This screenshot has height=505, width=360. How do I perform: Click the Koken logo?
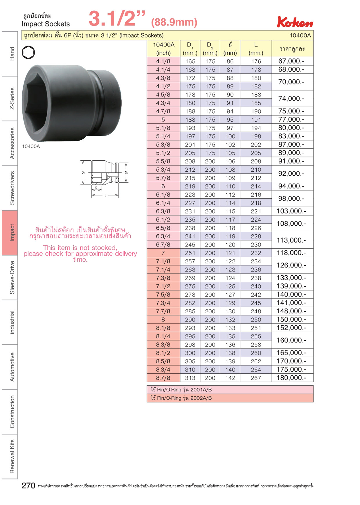[x=295, y=22]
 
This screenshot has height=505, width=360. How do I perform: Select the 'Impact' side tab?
[x=10, y=233]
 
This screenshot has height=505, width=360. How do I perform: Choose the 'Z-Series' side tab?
[x=10, y=98]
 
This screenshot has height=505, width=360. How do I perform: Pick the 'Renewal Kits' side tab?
[x=10, y=456]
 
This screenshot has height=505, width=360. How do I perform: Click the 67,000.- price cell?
[x=292, y=61]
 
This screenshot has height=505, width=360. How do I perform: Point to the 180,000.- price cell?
[x=292, y=378]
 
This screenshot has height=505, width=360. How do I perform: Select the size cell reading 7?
[x=163, y=253]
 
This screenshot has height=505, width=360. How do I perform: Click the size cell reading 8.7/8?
[x=163, y=378]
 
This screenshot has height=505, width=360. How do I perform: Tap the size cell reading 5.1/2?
[x=163, y=153]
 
